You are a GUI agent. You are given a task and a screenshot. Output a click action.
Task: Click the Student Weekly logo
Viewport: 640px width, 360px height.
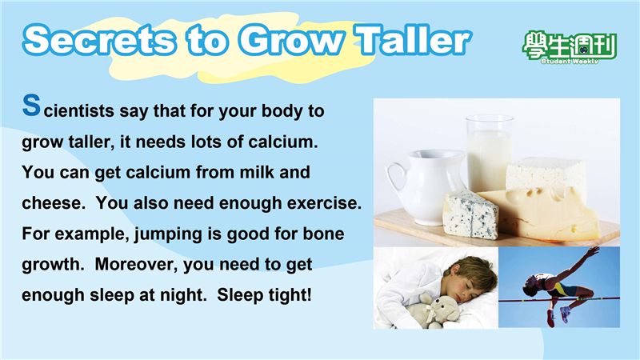pyautogui.click(x=570, y=47)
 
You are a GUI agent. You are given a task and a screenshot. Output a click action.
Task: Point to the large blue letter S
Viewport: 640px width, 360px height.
pyautogui.click(x=31, y=105)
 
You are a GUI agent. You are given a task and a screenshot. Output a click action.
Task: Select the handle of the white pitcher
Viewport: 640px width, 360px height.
pyautogui.click(x=395, y=179)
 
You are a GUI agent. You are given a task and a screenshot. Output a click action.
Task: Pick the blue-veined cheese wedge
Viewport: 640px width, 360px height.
pyautogui.click(x=470, y=214)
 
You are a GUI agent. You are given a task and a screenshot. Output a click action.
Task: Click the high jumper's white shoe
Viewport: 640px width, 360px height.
pyautogui.click(x=566, y=314)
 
